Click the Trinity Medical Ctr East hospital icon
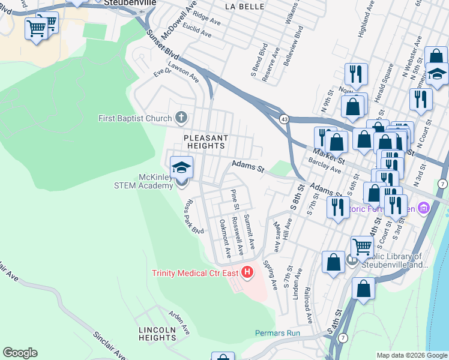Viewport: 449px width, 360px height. tap(248, 273)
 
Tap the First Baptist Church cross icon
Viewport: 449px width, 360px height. tap(181, 118)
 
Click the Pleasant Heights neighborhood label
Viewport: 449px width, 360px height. tap(206, 142)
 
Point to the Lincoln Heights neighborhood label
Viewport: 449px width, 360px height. tap(157, 334)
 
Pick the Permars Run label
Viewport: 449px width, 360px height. tap(277, 333)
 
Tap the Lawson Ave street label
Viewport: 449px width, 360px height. tap(183, 73)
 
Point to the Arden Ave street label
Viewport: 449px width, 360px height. tap(179, 322)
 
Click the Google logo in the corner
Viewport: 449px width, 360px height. tap(20, 353)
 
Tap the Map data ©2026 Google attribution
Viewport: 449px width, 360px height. tap(412, 355)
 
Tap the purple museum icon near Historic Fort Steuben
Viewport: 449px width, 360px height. tap(424, 208)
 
